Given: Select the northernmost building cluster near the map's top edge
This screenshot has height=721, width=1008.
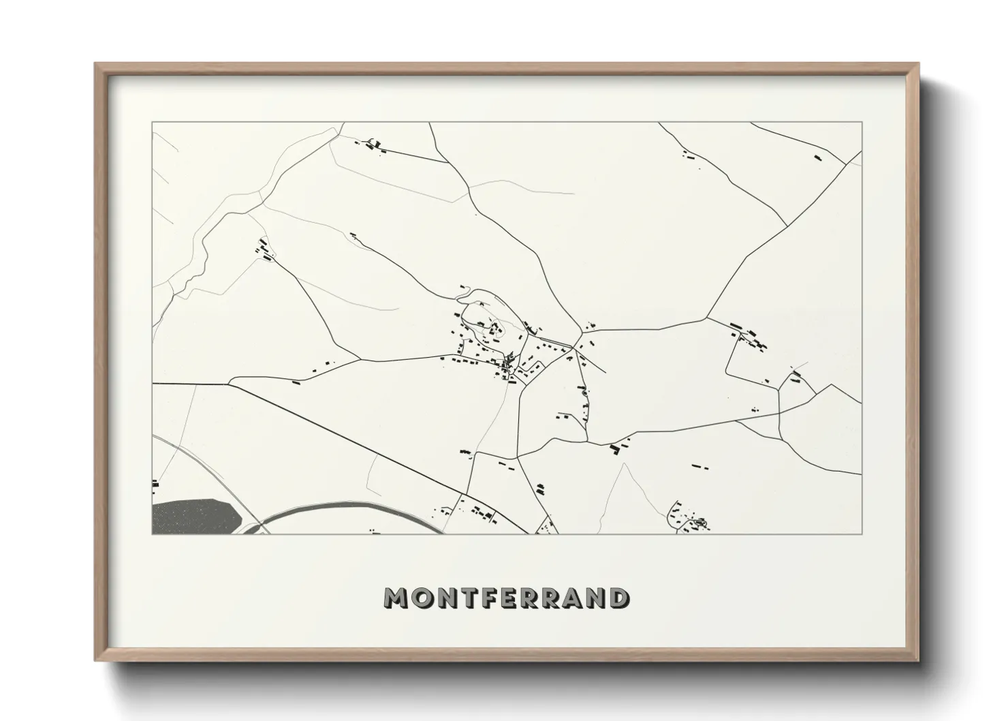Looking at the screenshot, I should click(x=373, y=145).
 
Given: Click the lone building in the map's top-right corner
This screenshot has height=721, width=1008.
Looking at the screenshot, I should click(x=818, y=158).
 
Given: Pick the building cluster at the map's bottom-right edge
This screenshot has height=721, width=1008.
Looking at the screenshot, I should click(x=688, y=520).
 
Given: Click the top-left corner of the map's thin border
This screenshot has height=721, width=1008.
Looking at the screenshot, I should click(x=152, y=123).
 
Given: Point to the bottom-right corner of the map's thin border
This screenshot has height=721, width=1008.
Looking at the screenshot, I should click(x=862, y=534).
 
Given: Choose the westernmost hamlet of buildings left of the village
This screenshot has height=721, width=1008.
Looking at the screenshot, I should click(x=264, y=250).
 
